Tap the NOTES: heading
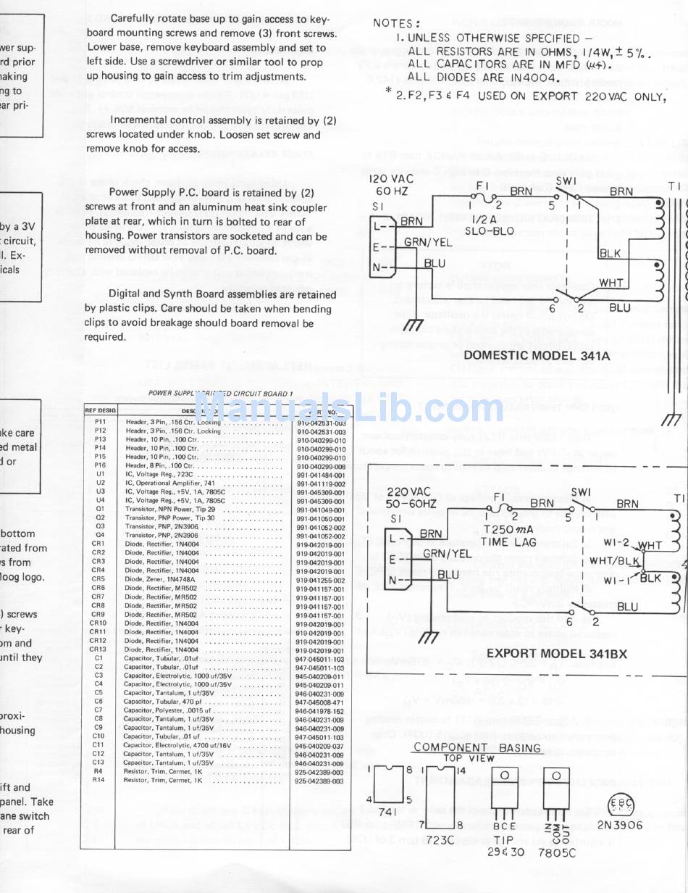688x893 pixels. (395, 24)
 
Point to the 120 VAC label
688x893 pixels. (391, 178)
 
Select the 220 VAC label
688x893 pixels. (408, 492)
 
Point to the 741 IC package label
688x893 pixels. (388, 814)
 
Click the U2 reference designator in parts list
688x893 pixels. (100, 483)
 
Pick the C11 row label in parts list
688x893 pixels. (98, 745)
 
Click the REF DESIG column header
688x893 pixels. (101, 410)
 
